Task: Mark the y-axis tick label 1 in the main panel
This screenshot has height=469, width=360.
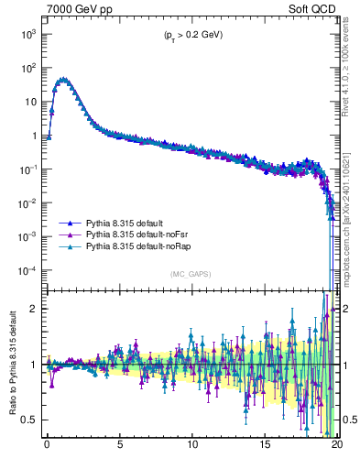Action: pos(34,136)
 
